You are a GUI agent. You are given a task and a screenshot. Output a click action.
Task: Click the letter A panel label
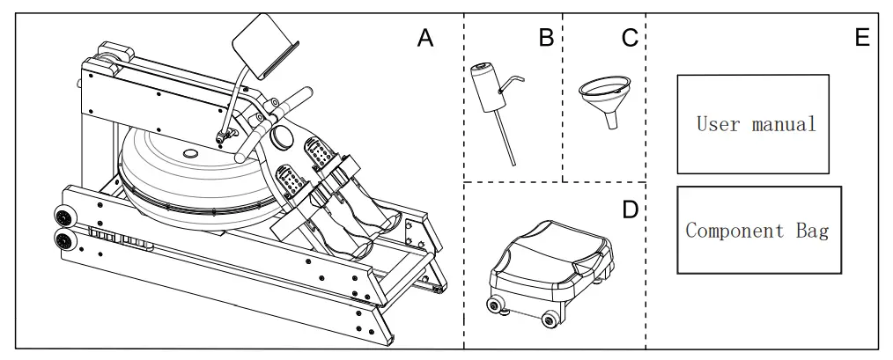click(425, 38)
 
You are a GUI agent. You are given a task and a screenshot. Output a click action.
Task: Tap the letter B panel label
click(546, 38)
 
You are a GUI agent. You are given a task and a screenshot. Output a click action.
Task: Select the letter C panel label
click(629, 38)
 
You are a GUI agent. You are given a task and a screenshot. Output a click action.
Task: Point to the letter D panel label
click(629, 210)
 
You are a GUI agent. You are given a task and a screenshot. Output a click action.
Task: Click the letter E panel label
click(861, 38)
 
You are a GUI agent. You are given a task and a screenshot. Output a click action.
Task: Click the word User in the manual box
click(717, 123)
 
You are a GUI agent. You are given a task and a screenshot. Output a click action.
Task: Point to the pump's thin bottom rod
click(506, 141)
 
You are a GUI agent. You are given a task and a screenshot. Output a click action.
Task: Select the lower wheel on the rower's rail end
click(63, 239)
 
